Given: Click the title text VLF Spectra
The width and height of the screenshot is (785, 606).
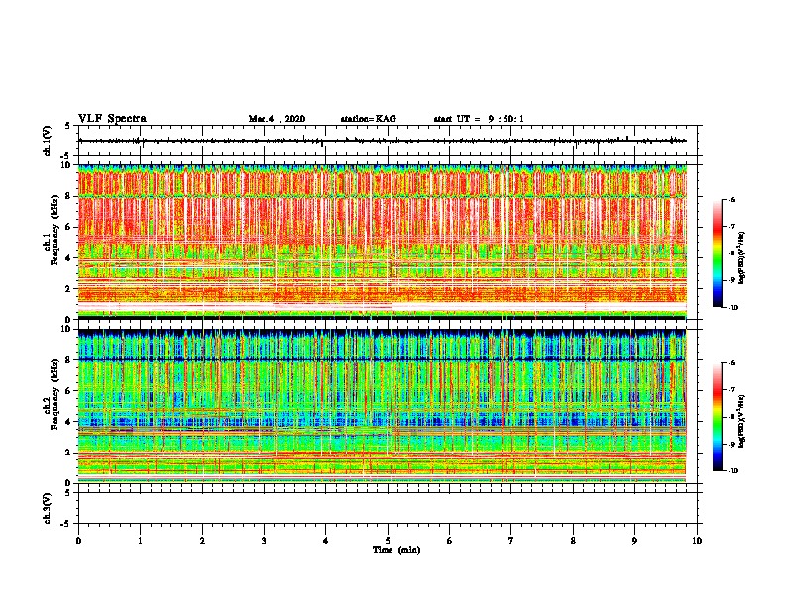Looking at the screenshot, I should [x=112, y=119].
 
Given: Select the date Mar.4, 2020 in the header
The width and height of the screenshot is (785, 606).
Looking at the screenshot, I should [x=277, y=119].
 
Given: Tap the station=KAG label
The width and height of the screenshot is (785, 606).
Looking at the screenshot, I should [x=368, y=119].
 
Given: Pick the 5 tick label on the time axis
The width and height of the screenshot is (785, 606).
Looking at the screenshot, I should [x=388, y=541].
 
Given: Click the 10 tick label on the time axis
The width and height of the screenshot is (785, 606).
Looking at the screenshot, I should [x=697, y=541].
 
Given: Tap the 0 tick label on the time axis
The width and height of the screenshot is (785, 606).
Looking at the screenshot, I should [x=78, y=541].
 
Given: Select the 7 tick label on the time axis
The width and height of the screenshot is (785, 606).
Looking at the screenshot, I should [x=511, y=541].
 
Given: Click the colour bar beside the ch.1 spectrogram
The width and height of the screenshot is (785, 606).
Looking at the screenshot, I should [x=726, y=253].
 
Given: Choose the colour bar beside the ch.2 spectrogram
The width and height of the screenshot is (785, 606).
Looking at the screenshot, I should [x=726, y=417].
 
